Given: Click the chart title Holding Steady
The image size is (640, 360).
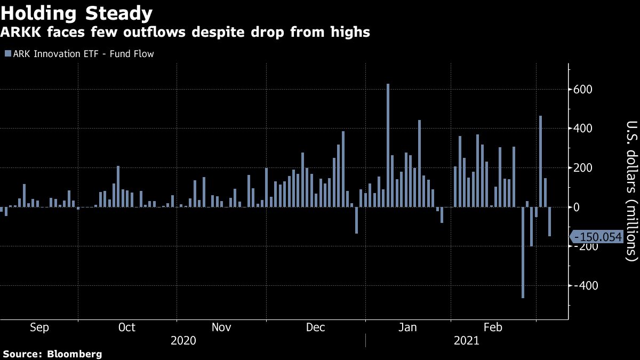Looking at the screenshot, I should [x=77, y=13].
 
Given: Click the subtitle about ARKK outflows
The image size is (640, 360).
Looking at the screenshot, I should [x=185, y=33].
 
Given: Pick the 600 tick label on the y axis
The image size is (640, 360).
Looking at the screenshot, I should [x=583, y=89].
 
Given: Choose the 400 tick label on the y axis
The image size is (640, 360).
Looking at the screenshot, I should [x=583, y=129].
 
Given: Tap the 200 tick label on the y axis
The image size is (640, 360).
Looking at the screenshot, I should [x=583, y=168].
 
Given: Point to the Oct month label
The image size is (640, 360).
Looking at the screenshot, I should [x=126, y=327].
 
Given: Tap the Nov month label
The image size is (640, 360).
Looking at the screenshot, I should [x=221, y=327].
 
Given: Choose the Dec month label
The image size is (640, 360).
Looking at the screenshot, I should [x=315, y=327].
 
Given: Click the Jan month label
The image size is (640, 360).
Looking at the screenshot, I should [x=408, y=327].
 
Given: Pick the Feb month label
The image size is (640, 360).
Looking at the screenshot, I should [x=492, y=327].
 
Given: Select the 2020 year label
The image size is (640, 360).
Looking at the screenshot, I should [x=183, y=340].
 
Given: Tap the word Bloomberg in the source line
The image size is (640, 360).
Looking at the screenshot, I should [x=75, y=354].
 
